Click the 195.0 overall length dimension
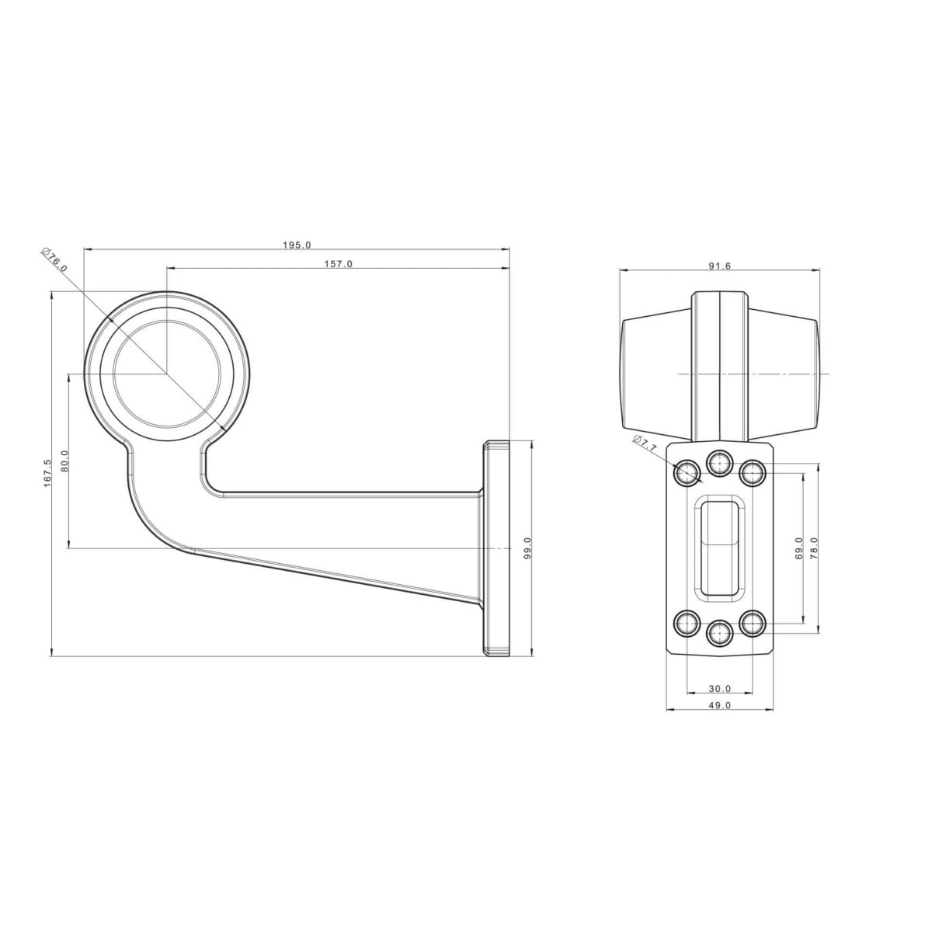[297, 245]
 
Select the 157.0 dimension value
[339, 264]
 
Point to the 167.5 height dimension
[47, 473]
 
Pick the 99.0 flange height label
[527, 548]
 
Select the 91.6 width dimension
[720, 266]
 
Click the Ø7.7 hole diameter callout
[645, 443]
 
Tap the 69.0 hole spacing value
[798, 548]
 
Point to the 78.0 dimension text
[814, 548]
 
